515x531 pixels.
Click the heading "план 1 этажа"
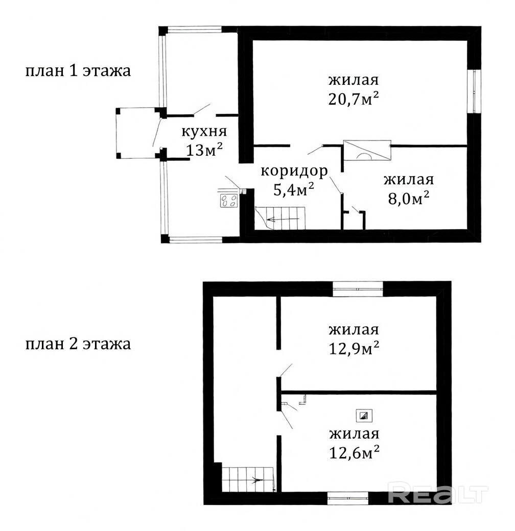(x=78, y=71)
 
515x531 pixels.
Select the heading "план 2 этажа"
(x=78, y=344)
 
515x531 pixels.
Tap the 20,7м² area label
(x=354, y=99)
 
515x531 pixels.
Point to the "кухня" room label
(x=204, y=131)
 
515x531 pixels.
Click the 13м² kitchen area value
(x=204, y=150)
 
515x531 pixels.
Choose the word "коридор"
(x=294, y=171)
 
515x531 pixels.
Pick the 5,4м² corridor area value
(x=293, y=189)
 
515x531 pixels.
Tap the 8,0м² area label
(x=409, y=199)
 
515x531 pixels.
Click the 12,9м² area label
(x=354, y=349)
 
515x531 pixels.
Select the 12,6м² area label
(x=354, y=453)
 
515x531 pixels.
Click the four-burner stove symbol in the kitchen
(x=229, y=200)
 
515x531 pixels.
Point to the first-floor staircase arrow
(x=283, y=220)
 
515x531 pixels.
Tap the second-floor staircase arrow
(x=257, y=479)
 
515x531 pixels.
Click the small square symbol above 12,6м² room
(x=364, y=416)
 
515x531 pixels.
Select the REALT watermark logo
(x=437, y=495)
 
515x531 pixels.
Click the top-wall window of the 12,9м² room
(x=358, y=289)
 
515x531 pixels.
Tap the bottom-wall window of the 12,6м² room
(x=348, y=498)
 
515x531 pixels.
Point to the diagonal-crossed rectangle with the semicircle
(x=367, y=150)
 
